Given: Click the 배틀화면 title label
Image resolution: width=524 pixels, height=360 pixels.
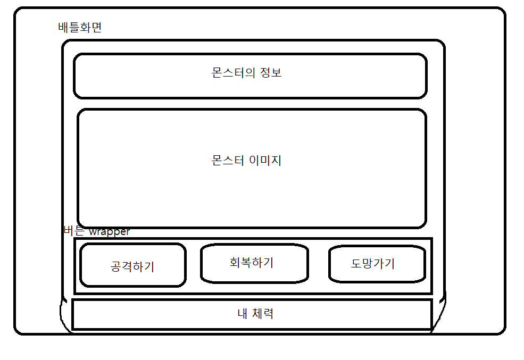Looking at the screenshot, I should pos(80,28).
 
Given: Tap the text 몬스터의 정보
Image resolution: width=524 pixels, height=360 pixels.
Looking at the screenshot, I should pos(246,73).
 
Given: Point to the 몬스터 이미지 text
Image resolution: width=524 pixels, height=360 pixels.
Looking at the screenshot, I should pos(246,160).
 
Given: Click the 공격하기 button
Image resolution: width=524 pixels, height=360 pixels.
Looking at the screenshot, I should pos(132,265).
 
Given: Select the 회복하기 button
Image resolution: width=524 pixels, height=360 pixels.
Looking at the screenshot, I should pos(254,263).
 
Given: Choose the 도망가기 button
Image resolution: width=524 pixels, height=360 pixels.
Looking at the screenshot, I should pos(377,264).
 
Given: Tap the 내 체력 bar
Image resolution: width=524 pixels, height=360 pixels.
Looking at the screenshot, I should pos(251,314).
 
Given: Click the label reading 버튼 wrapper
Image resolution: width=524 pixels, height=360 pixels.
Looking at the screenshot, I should pos(96,232).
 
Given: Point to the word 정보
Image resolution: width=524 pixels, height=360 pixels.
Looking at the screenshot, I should pos(271,73).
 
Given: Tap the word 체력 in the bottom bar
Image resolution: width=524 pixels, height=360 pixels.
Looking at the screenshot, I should pos(262,314).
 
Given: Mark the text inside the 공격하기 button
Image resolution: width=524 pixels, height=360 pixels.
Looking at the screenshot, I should pos(132,266).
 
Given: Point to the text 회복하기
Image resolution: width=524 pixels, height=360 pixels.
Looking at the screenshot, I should pos(252,262).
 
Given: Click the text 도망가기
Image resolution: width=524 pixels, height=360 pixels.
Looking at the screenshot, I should pos(373,263).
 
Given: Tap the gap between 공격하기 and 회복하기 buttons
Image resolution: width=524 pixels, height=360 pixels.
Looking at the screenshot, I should pos(193,265).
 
